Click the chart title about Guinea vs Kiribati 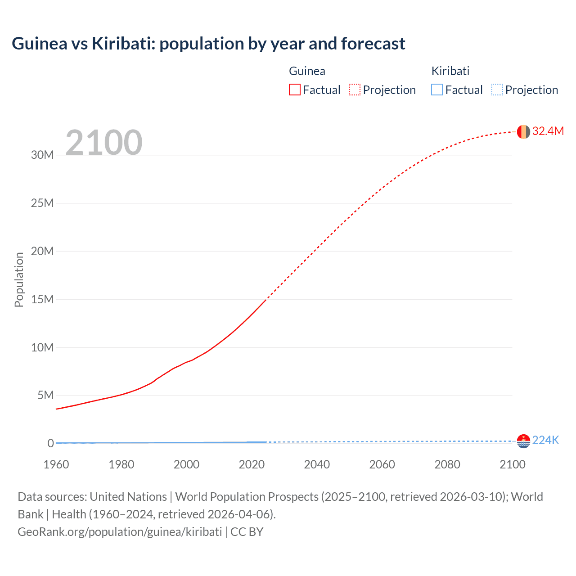tap(208, 44)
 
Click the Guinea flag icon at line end tap(523, 132)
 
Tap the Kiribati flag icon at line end tap(523, 441)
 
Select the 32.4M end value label tap(548, 131)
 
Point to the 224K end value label tap(545, 440)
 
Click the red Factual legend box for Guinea tap(295, 90)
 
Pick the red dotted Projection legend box tap(355, 90)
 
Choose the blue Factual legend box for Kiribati tap(437, 90)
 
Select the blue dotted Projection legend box tap(497, 90)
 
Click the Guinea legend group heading tap(307, 71)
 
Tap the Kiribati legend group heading tap(450, 71)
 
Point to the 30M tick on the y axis tap(42, 155)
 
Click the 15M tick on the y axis tap(42, 299)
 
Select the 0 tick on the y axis tap(50, 443)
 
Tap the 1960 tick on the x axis tap(56, 464)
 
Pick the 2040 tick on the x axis tap(317, 464)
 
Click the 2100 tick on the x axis tap(512, 464)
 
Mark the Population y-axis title tap(19, 279)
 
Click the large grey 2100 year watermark tap(104, 143)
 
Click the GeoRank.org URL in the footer tap(120, 532)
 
